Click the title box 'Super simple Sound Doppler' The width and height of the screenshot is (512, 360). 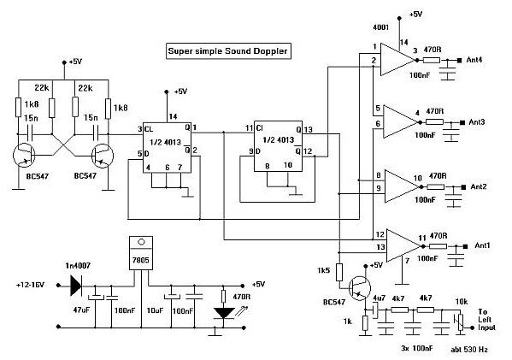pos(228,51)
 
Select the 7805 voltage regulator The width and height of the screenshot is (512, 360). pos(141,253)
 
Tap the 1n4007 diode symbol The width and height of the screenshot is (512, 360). pos(76,286)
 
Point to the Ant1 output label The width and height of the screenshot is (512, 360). pos(482,245)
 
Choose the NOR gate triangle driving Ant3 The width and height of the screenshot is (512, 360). pos(400,122)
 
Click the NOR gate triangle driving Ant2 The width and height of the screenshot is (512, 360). pos(402,186)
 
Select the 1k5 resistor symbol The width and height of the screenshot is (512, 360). pos(339,272)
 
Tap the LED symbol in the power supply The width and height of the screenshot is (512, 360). pos(224,313)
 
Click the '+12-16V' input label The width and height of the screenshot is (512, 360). pos(30,285)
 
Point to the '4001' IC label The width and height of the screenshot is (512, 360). pos(380,27)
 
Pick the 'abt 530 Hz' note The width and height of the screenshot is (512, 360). pos(469,349)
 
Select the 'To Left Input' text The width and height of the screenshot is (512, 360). pos(486,320)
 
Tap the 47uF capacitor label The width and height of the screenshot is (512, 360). pos(81,310)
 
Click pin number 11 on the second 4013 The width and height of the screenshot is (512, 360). pos(249,127)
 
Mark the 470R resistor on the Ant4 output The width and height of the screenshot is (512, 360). pos(432,60)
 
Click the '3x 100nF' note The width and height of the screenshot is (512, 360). pos(416,348)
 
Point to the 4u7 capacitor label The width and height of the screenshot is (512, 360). pos(379,298)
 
